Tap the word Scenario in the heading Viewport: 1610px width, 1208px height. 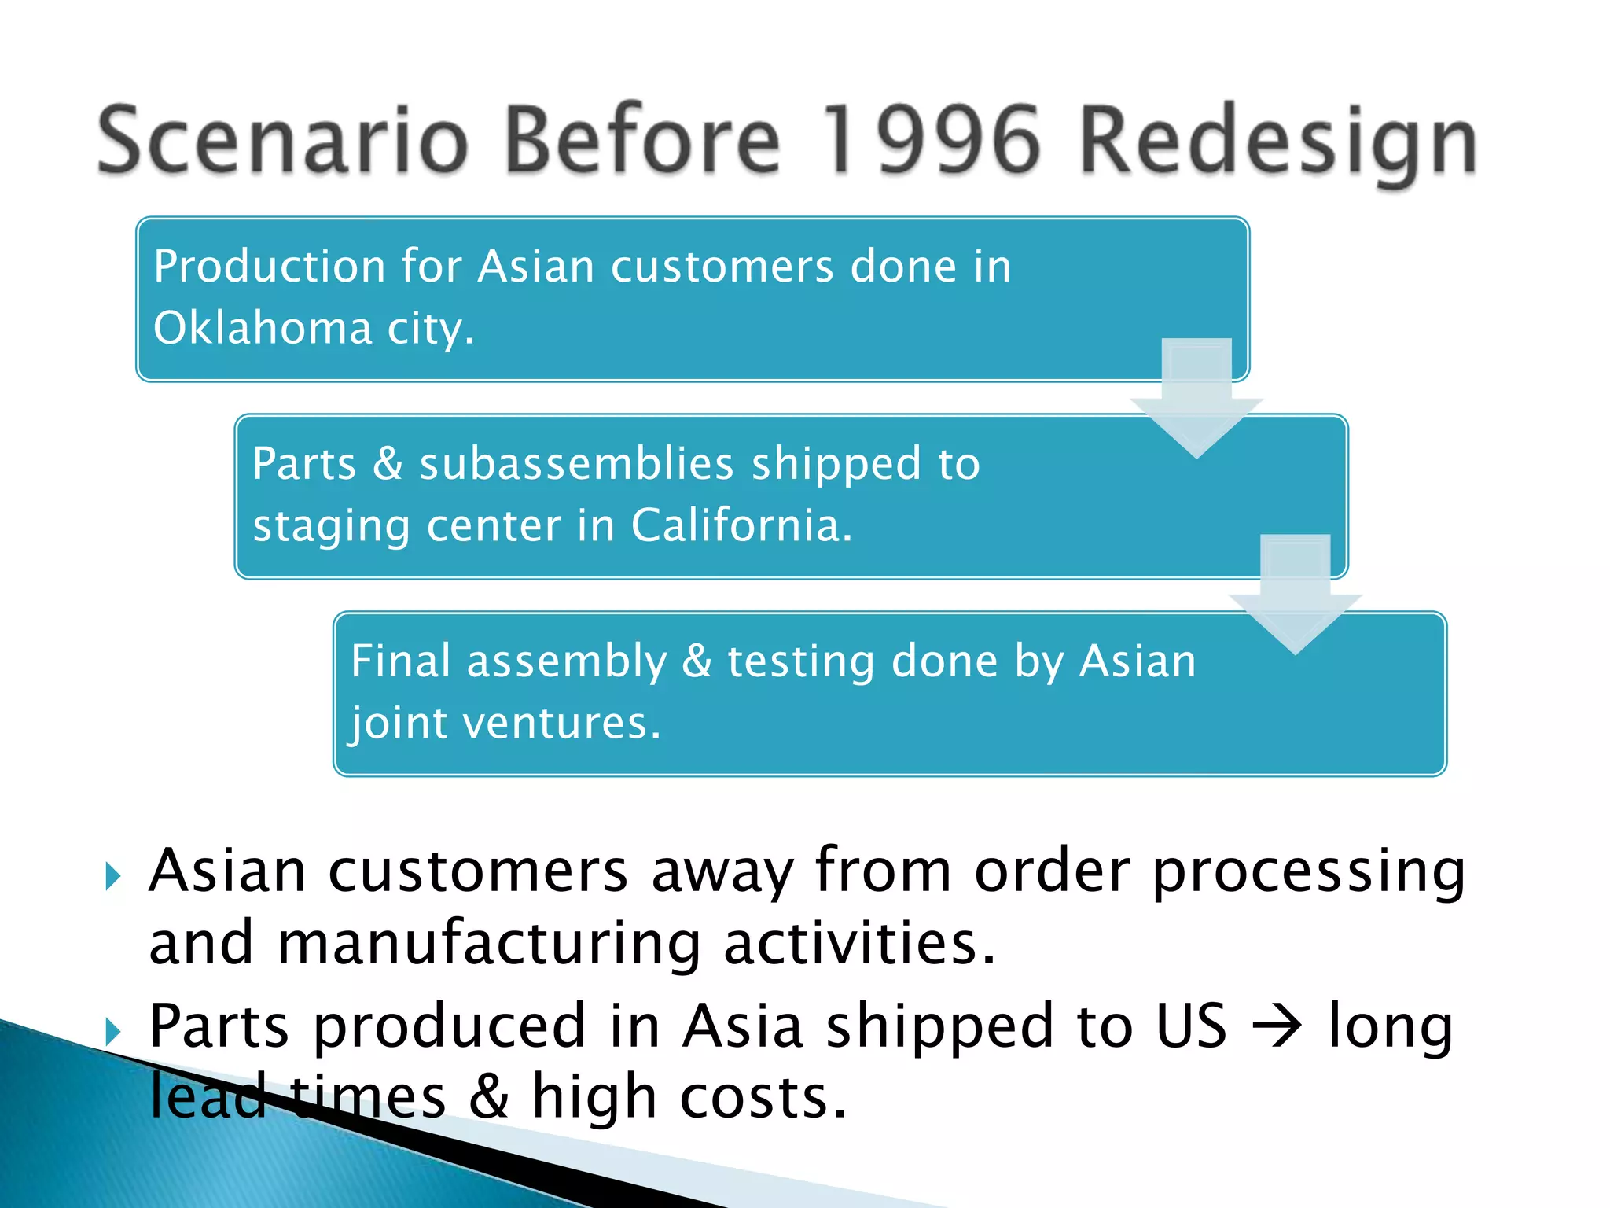(x=283, y=140)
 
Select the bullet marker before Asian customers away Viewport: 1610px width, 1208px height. (x=113, y=875)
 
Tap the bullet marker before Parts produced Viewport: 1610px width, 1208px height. (x=113, y=1031)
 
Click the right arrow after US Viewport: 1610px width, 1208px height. (x=1277, y=1026)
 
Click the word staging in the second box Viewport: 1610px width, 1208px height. (x=330, y=526)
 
